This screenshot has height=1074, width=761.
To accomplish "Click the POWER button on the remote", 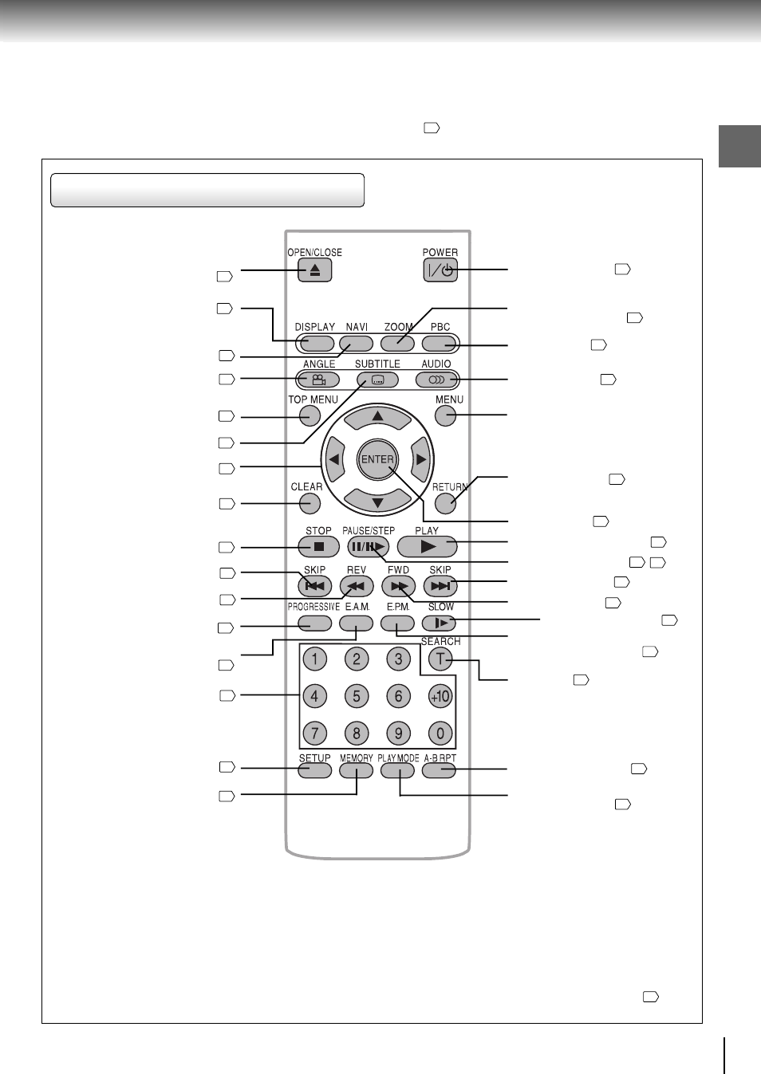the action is pyautogui.click(x=440, y=270).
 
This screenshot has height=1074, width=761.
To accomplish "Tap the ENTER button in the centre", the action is pyautogui.click(x=377, y=459).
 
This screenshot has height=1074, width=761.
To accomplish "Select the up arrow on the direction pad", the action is pyautogui.click(x=377, y=416).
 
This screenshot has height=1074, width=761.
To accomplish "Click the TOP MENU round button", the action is pyautogui.click(x=310, y=415).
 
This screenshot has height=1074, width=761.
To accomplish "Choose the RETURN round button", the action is pyautogui.click(x=445, y=503).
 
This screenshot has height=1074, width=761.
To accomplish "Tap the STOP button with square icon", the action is pyautogui.click(x=318, y=547).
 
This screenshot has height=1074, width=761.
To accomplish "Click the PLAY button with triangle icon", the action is pyautogui.click(x=427, y=547).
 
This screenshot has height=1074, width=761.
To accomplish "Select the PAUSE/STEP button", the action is pyautogui.click(x=368, y=547).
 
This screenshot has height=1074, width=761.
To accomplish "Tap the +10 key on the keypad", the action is pyautogui.click(x=440, y=696).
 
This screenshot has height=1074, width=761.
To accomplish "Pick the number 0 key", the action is pyautogui.click(x=440, y=733).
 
